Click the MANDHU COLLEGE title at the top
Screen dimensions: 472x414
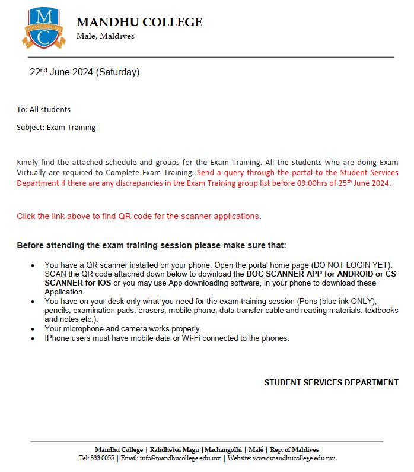click(x=139, y=23)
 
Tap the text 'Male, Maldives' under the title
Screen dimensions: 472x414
click(x=106, y=36)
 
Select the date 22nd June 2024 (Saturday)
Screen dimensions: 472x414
click(x=85, y=73)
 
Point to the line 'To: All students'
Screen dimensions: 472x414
click(x=43, y=109)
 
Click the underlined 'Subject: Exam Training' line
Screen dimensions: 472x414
click(x=56, y=127)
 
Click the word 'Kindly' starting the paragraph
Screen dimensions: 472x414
click(x=27, y=162)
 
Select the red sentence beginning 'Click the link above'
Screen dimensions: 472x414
click(x=139, y=216)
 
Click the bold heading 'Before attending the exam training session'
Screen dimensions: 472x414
click(x=151, y=245)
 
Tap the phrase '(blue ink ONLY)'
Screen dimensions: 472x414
click(x=347, y=302)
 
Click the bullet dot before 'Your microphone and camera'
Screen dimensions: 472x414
click(x=33, y=329)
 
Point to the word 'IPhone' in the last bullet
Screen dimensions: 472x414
click(x=56, y=338)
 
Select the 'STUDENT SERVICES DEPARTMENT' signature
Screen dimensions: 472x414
click(x=331, y=383)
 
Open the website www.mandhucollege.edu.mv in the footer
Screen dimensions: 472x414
click(x=294, y=458)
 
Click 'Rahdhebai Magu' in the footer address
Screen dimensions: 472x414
click(x=174, y=449)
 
